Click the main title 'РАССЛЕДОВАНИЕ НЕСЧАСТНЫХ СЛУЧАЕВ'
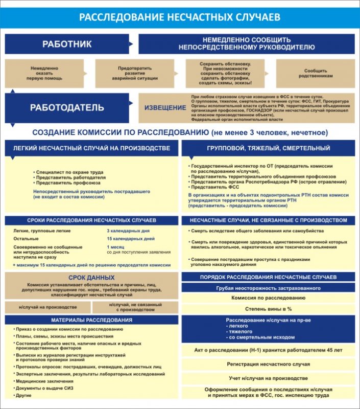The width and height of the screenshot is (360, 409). (180, 17)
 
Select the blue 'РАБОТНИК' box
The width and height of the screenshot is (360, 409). (67, 44)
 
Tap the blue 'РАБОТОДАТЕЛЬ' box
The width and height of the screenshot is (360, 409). (67, 107)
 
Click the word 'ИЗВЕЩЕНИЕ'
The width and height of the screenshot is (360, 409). (165, 107)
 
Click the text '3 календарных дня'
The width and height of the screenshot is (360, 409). (125, 231)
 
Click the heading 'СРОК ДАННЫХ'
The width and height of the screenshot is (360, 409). (91, 277)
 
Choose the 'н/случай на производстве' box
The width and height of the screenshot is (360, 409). (47, 307)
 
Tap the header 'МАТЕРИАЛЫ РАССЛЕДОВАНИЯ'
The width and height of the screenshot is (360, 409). (91, 320)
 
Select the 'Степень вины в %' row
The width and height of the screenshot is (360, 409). (269, 309)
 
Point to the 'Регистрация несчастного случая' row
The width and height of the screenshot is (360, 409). (269, 364)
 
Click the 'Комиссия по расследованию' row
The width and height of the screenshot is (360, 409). (269, 298)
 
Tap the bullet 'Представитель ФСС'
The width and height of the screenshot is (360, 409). (211, 187)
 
